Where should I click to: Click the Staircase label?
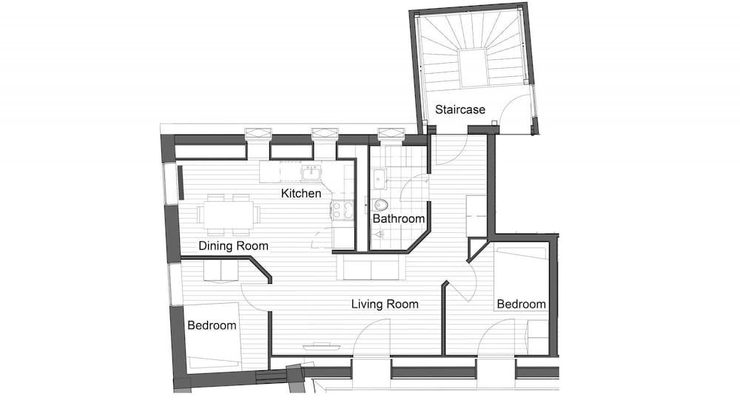pyautogui.click(x=460, y=110)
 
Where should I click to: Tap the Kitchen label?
pyautogui.click(x=300, y=194)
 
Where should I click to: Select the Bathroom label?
pyautogui.click(x=398, y=219)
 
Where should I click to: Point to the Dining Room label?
pyautogui.click(x=233, y=245)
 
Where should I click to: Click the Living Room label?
pyautogui.click(x=385, y=304)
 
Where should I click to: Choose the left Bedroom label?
pyautogui.click(x=212, y=325)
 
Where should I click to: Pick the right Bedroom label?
pyautogui.click(x=521, y=304)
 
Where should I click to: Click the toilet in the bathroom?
pyautogui.click(x=380, y=205)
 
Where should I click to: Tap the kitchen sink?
pyautogui.click(x=311, y=174)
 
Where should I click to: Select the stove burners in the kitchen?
pyautogui.click(x=342, y=210)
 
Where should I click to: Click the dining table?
pyautogui.click(x=229, y=215)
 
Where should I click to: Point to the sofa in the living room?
pyautogui.click(x=371, y=268)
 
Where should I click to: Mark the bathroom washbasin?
pyautogui.click(x=379, y=179)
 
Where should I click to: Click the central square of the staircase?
pyautogui.click(x=473, y=68)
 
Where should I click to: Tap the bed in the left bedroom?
pyautogui.click(x=212, y=336)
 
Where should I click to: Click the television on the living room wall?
pyautogui.click(x=322, y=347)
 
